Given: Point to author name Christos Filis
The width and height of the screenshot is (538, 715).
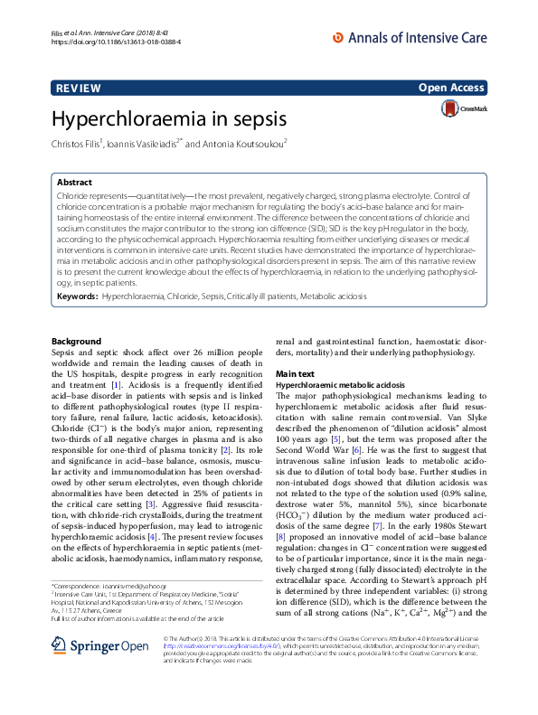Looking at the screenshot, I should coord(76,143).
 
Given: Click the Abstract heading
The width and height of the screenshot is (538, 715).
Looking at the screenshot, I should coord(74,182).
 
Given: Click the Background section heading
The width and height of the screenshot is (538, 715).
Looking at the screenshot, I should coord(76,342).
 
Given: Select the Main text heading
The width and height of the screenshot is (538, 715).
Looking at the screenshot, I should coord(295,373).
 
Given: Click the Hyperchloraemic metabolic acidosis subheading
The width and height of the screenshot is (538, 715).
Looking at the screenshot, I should coord(340,384).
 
